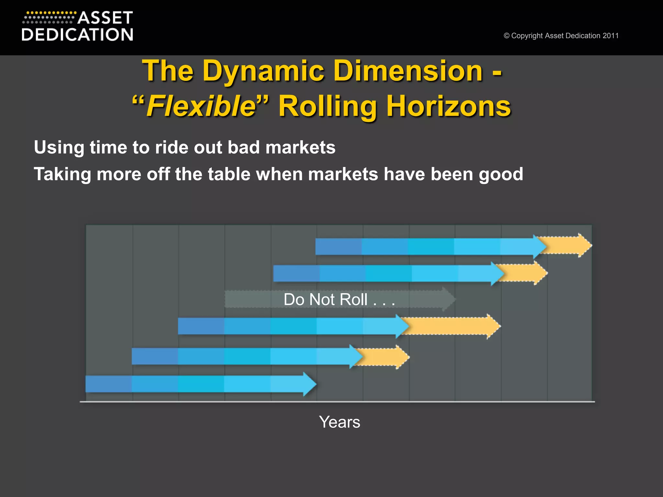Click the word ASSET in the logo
[x=105, y=18]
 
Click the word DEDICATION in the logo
[x=77, y=35]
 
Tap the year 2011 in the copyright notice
[x=611, y=36]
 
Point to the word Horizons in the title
[x=449, y=106]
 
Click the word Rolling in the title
[x=328, y=106]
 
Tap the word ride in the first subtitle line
[x=171, y=148]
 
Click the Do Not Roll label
[x=339, y=299]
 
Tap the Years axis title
[x=339, y=422]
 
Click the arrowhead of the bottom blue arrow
[x=309, y=384]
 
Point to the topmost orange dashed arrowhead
[x=585, y=246]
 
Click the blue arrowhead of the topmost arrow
[x=540, y=247]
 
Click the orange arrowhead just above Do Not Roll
[x=540, y=273]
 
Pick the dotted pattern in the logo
[x=49, y=18]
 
